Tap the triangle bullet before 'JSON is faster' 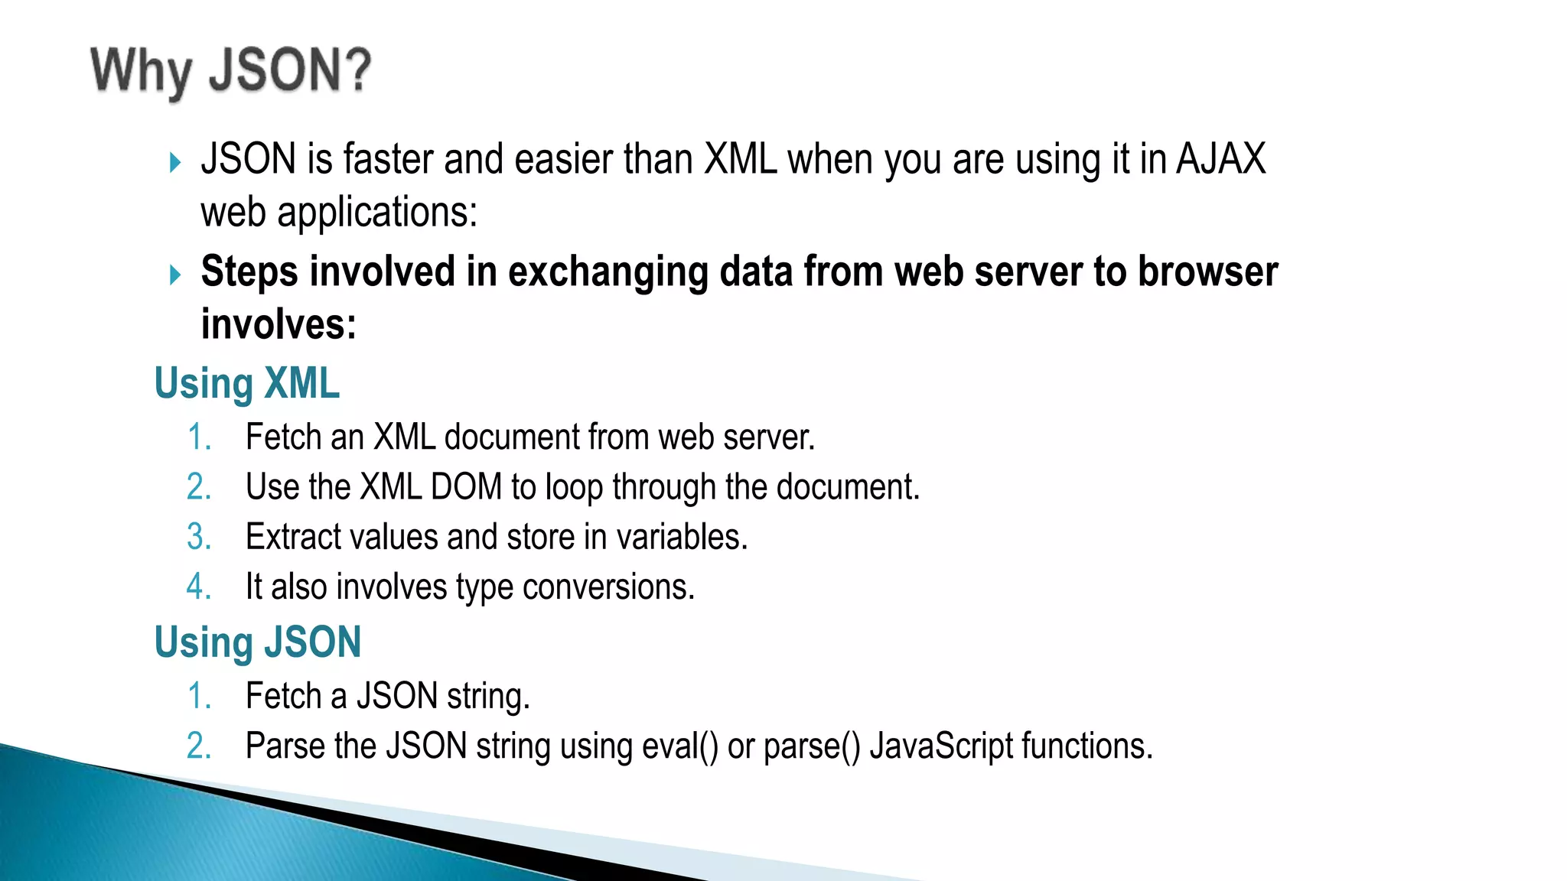pyautogui.click(x=175, y=162)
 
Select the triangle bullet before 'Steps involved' pyautogui.click(x=175, y=275)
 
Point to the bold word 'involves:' pyautogui.click(x=279, y=324)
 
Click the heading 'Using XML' pyautogui.click(x=246, y=383)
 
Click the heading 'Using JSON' pyautogui.click(x=257, y=642)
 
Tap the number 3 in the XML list pyautogui.click(x=198, y=537)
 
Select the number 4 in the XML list pyautogui.click(x=198, y=587)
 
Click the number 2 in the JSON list pyautogui.click(x=198, y=746)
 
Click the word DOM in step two pyautogui.click(x=466, y=487)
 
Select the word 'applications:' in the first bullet pyautogui.click(x=376, y=213)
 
